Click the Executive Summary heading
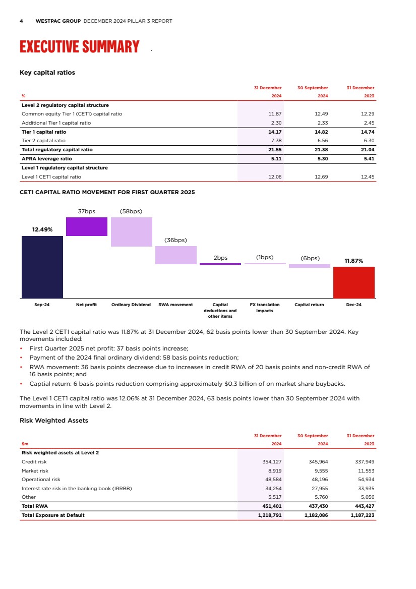(x=79, y=47)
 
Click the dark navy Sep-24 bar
(x=42, y=267)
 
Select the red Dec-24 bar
(x=353, y=282)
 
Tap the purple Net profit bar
(x=87, y=226)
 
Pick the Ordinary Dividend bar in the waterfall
(x=131, y=232)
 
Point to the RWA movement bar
(x=175, y=255)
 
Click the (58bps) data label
(x=131, y=211)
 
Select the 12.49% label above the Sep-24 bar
(x=42, y=229)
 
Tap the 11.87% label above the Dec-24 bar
(x=353, y=261)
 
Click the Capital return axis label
(x=309, y=305)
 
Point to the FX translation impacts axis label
(x=265, y=308)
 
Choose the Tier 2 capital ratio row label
(x=43, y=141)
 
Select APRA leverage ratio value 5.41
(x=368, y=158)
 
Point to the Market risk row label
(x=35, y=470)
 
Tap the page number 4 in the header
(x=21, y=21)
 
